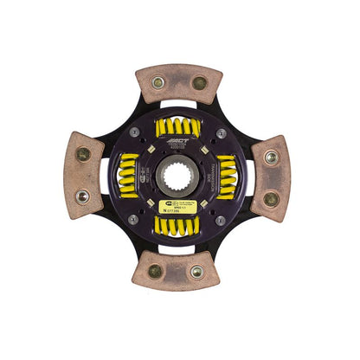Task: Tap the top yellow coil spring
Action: point(179,129)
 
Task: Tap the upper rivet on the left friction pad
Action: point(83,155)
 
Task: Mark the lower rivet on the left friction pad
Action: point(84,197)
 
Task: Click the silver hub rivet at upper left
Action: point(142,135)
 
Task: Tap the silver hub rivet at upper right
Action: point(222,134)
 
